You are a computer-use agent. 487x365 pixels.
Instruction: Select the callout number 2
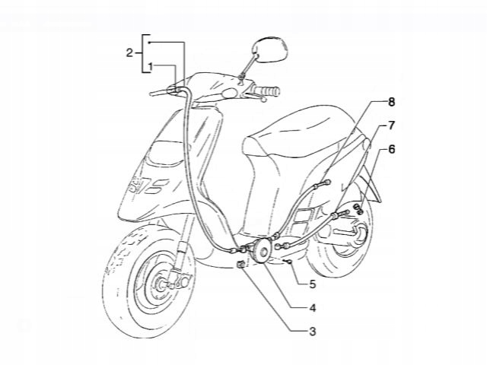point(130,52)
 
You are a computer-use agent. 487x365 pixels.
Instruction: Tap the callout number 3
point(313,332)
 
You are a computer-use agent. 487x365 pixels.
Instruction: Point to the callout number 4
point(313,308)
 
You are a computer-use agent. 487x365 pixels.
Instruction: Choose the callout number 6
point(392,150)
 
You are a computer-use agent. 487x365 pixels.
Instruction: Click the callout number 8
point(392,101)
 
